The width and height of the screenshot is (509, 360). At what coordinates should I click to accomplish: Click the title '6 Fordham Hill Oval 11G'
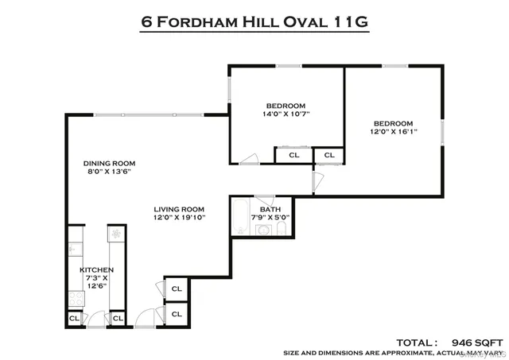(x=254, y=21)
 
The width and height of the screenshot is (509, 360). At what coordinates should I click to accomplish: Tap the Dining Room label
(x=107, y=165)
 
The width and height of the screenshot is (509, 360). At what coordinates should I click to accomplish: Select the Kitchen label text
(x=96, y=270)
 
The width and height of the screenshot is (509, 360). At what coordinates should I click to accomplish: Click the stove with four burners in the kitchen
(x=77, y=300)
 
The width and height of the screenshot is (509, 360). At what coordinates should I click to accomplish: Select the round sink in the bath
(x=262, y=230)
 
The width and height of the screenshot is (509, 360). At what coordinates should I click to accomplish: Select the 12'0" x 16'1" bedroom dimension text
(x=394, y=132)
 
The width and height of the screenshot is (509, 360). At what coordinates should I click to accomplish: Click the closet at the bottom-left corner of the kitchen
(x=74, y=319)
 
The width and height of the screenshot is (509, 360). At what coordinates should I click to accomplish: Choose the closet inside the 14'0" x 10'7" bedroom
(x=293, y=156)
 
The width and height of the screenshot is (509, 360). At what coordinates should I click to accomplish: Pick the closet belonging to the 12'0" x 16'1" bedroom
(x=328, y=156)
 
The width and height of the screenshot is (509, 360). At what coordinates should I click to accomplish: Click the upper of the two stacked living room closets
(x=177, y=289)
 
